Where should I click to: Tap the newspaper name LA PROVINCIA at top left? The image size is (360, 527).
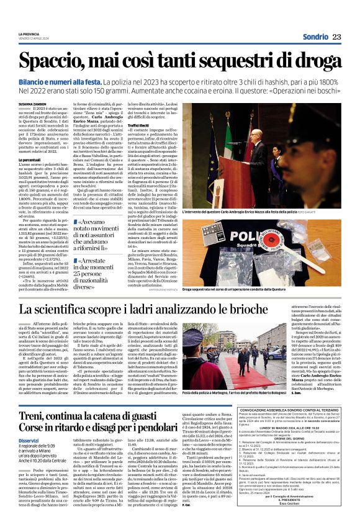tap(29, 34)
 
